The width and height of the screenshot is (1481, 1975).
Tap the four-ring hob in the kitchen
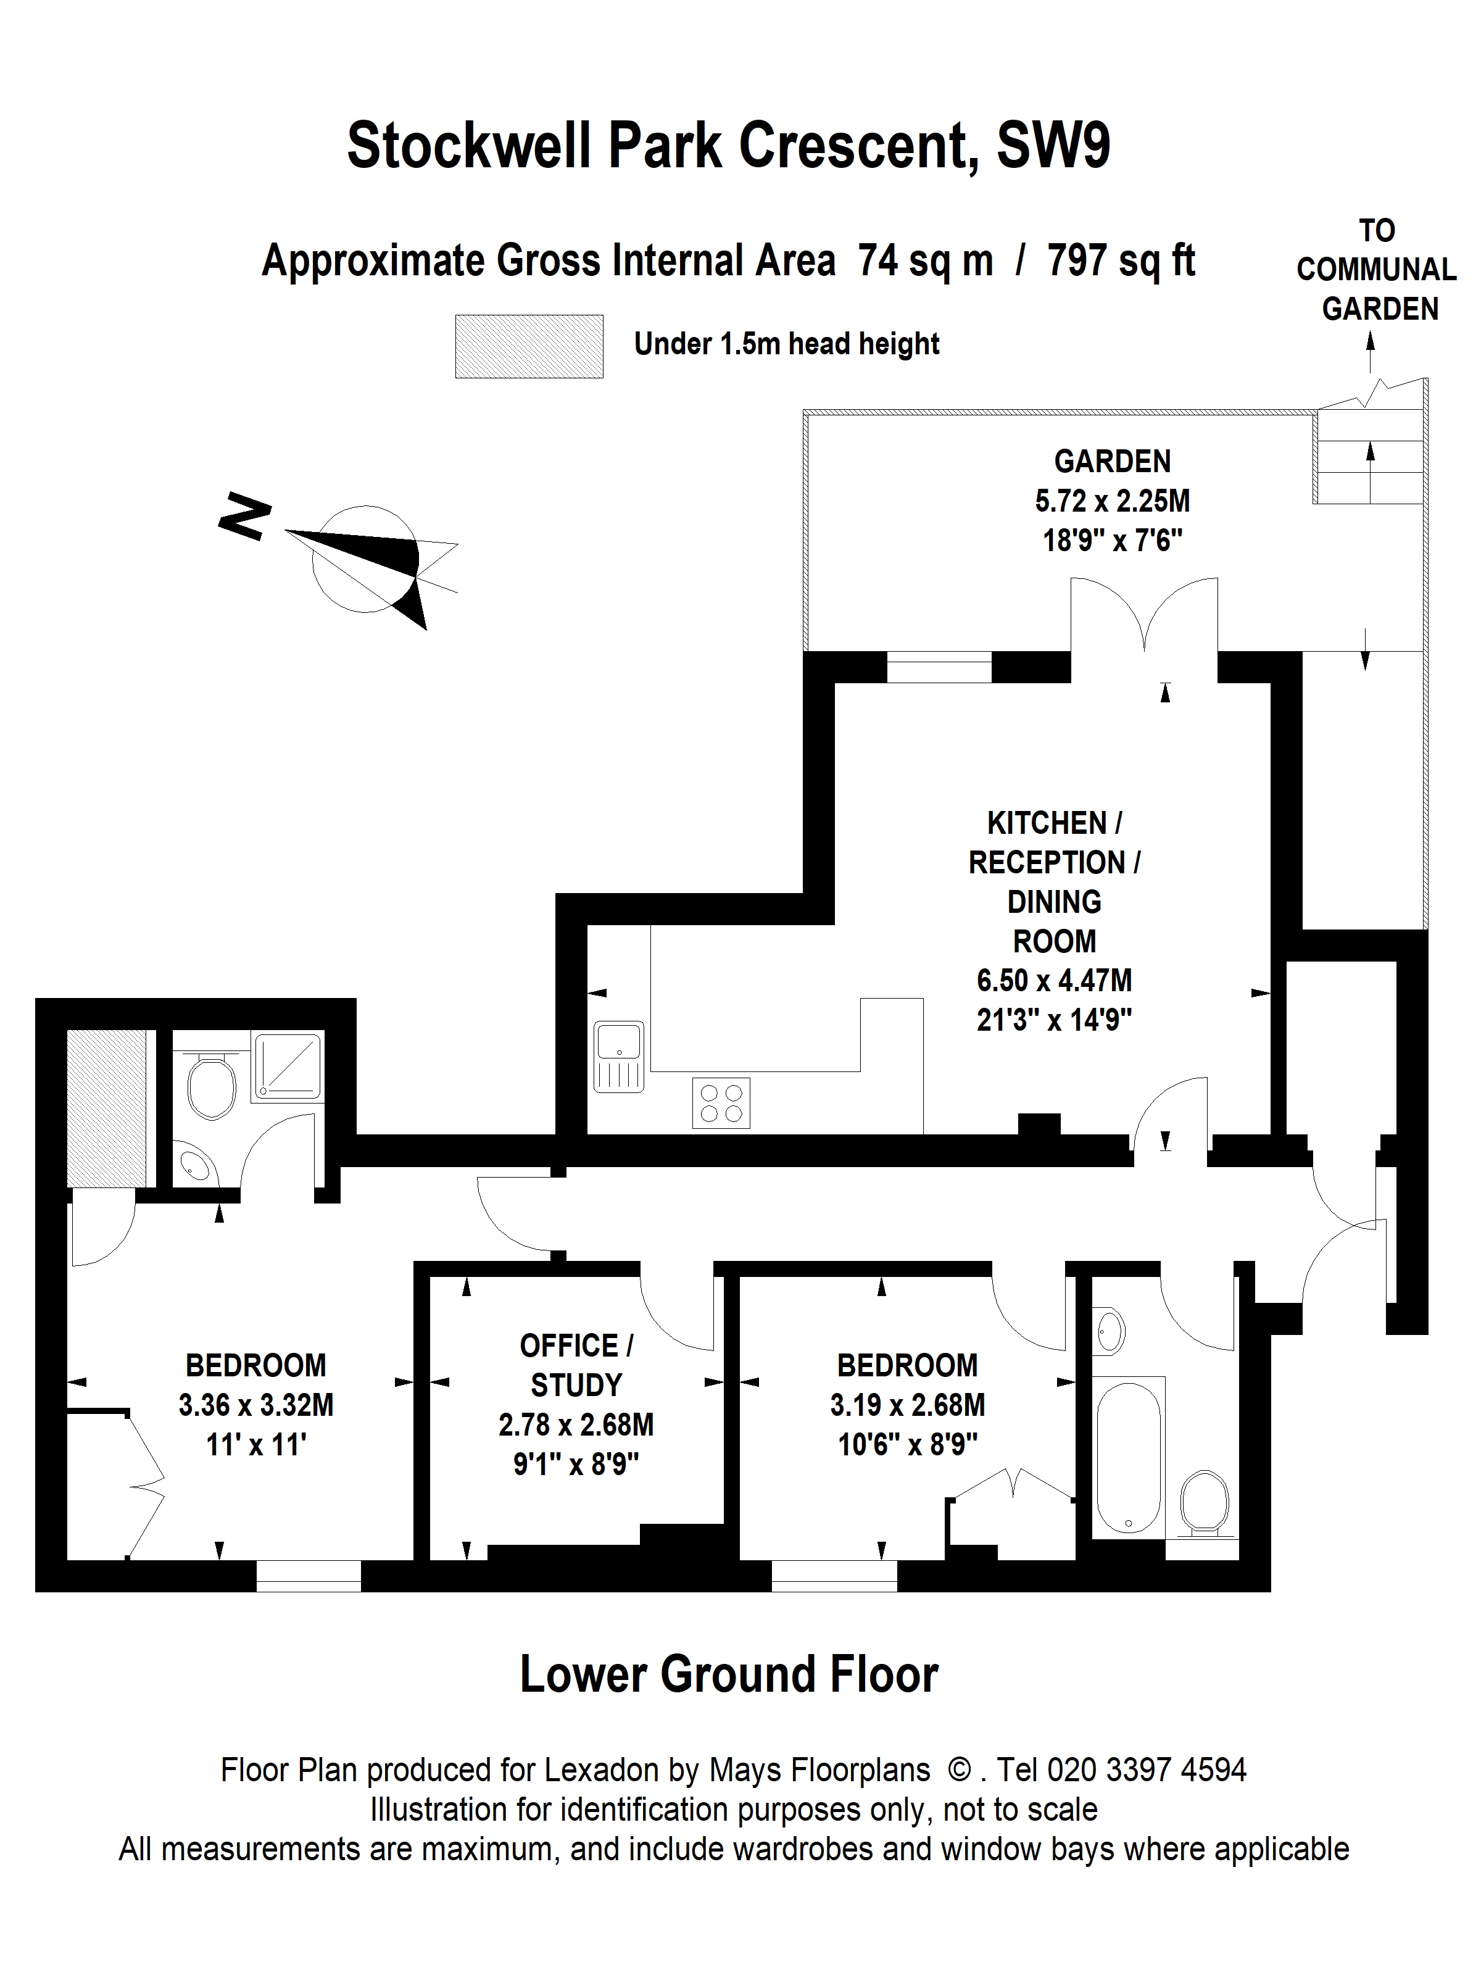pyautogui.click(x=720, y=1103)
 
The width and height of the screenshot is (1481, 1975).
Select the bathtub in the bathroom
pyautogui.click(x=1129, y=1456)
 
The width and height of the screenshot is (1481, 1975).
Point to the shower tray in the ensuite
pyautogui.click(x=288, y=1066)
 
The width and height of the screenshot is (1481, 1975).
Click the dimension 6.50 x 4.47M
pyautogui.click(x=1054, y=980)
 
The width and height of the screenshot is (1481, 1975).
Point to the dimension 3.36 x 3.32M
pyautogui.click(x=256, y=1405)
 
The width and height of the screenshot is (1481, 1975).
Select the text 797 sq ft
pyautogui.click(x=1121, y=260)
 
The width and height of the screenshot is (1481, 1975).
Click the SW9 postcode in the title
pyautogui.click(x=1053, y=146)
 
